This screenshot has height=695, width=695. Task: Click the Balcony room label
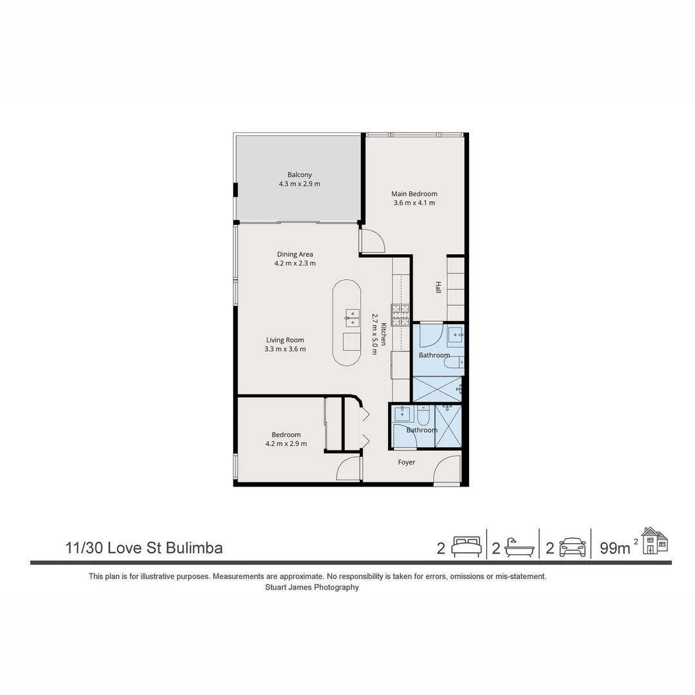(299, 174)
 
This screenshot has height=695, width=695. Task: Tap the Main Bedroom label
(414, 194)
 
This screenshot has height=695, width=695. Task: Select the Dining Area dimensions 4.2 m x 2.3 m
(295, 263)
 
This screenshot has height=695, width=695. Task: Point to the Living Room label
(285, 340)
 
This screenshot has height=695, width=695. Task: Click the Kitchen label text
(383, 334)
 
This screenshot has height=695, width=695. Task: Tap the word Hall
(438, 288)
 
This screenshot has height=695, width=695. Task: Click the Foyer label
(406, 462)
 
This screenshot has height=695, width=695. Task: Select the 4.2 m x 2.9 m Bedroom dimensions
(286, 443)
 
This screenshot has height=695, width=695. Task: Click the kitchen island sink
(351, 316)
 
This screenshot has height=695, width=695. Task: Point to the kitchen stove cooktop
(400, 315)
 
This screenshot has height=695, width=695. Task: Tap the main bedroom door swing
(372, 240)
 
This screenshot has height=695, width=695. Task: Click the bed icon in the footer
(465, 547)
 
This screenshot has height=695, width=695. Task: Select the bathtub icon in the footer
(519, 547)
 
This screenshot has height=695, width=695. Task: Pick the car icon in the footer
(572, 547)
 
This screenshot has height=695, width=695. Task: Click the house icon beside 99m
(654, 541)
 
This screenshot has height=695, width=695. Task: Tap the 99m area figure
(615, 548)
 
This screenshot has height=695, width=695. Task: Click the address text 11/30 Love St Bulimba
(144, 548)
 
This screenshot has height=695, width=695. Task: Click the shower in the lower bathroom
(449, 425)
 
